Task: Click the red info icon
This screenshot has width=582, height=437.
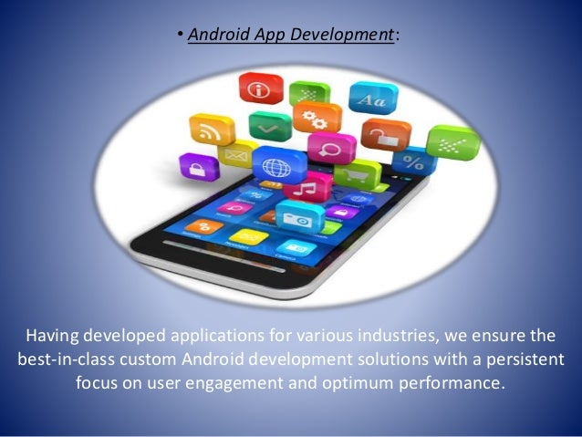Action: pyautogui.click(x=256, y=89)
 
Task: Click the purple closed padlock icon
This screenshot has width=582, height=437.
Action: pyautogui.click(x=198, y=166)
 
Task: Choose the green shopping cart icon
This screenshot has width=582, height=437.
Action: pyautogui.click(x=357, y=173)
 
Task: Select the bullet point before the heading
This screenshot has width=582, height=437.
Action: pyautogui.click(x=181, y=36)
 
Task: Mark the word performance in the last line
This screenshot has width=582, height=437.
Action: pyautogui.click(x=451, y=380)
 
